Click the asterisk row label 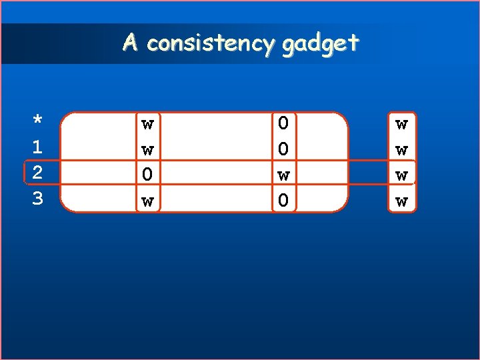(x=38, y=121)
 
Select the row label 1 (x=38, y=147)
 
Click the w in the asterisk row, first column (x=147, y=124)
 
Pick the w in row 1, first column (x=147, y=149)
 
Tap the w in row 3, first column (x=147, y=200)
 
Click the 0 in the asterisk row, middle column (x=283, y=123)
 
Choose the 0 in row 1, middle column (x=283, y=149)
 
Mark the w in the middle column (x=283, y=175)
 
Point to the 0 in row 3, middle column (x=283, y=199)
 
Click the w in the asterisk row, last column (x=401, y=124)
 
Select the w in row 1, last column (x=401, y=150)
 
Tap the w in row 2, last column (x=401, y=175)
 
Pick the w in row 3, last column (x=401, y=201)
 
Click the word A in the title (x=131, y=43)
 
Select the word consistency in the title (x=211, y=44)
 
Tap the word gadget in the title (x=321, y=45)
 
